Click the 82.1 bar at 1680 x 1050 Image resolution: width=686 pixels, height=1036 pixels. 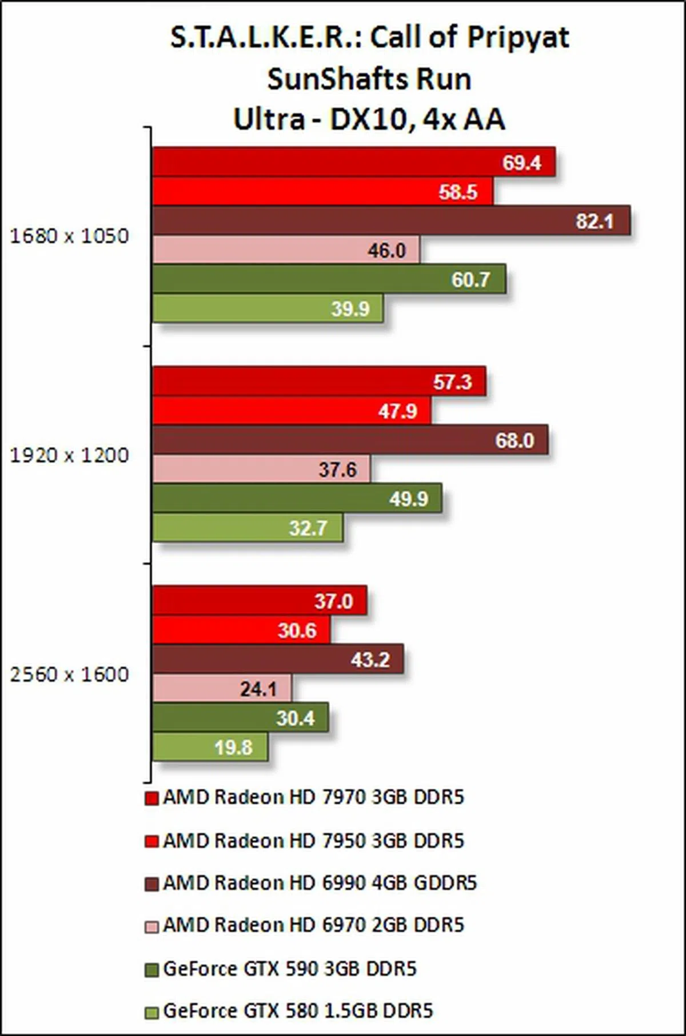click(391, 220)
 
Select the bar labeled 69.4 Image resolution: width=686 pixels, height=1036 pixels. click(353, 162)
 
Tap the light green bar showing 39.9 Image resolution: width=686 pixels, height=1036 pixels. click(268, 308)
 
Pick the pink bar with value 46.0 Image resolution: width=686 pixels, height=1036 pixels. click(286, 250)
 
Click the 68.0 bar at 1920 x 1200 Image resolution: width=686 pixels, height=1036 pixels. click(350, 440)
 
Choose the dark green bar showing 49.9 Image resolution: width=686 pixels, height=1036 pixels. click(297, 499)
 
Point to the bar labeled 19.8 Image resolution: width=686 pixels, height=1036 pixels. click(210, 746)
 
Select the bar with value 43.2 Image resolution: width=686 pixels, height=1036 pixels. click(278, 659)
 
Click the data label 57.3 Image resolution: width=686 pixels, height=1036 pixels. click(452, 382)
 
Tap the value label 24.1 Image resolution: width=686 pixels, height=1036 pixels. click(258, 689)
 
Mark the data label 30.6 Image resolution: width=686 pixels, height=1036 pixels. click(297, 630)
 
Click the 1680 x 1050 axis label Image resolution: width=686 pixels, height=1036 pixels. click(69, 235)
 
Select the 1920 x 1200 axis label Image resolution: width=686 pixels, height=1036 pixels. click(69, 455)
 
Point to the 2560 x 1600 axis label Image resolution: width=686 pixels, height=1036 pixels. click(69, 674)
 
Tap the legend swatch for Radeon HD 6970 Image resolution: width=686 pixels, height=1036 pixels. click(151, 926)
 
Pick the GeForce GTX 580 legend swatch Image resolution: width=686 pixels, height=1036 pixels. click(151, 1012)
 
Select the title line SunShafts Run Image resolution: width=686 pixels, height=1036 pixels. click(369, 79)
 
